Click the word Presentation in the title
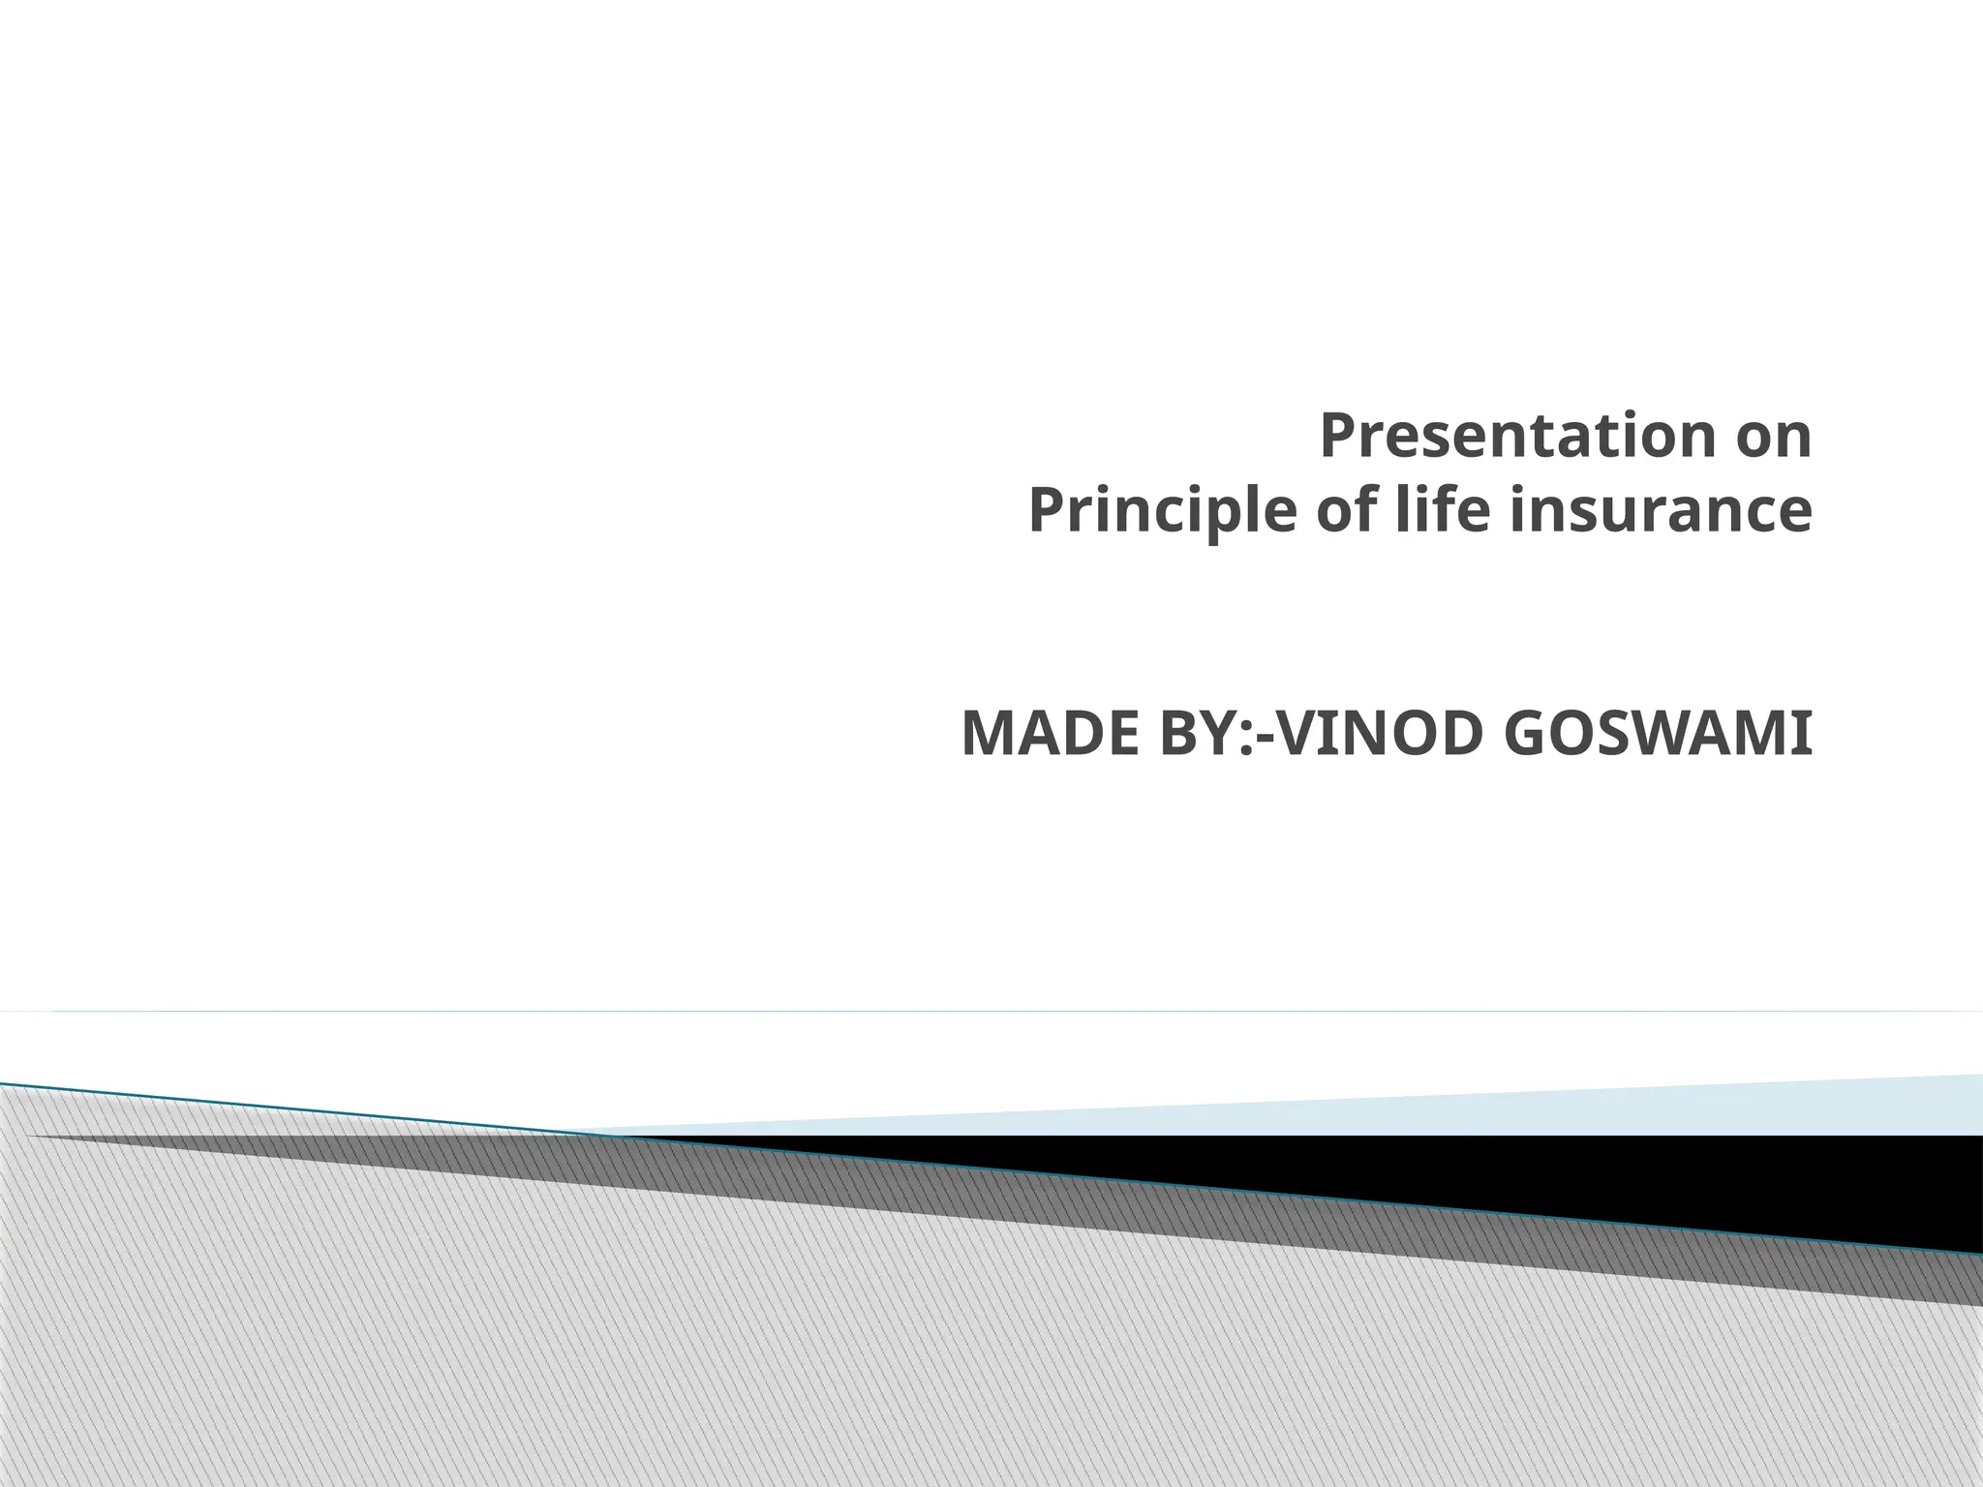click(1511, 438)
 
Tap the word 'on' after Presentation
click(1774, 438)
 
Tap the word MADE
click(1041, 735)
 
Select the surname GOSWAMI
click(1660, 735)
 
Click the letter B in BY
click(1171, 735)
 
